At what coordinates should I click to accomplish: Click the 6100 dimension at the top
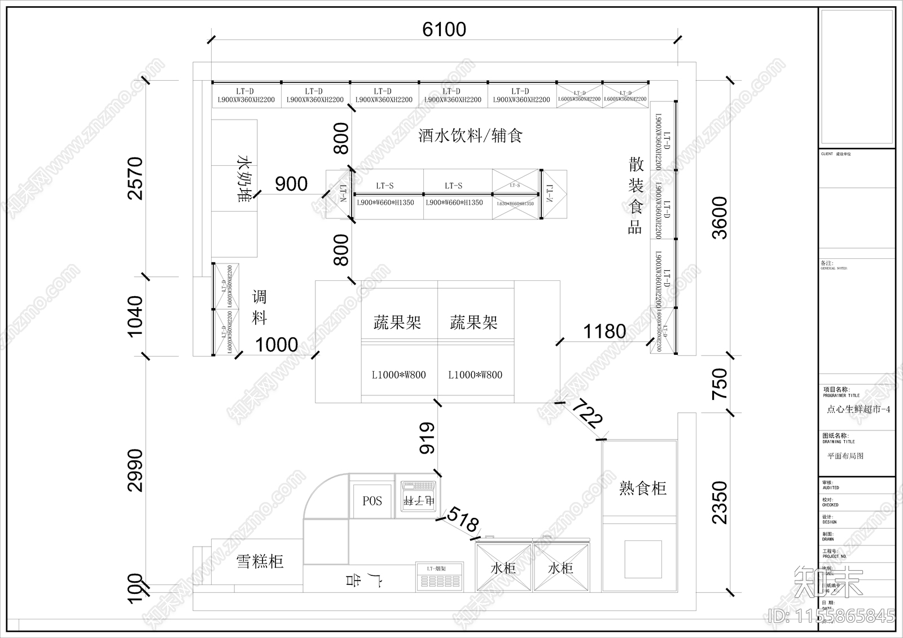click(444, 29)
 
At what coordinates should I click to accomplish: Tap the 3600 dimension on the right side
click(720, 218)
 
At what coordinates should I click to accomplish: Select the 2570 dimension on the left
click(136, 178)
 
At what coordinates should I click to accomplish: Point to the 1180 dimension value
click(604, 331)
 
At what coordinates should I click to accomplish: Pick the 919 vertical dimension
click(427, 438)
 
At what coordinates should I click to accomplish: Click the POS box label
click(372, 501)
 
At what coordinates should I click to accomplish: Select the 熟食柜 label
click(642, 488)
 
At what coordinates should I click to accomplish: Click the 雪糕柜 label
click(259, 561)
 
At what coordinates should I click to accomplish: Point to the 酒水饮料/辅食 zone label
click(470, 135)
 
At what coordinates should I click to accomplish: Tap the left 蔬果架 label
click(397, 323)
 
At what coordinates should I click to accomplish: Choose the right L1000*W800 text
click(475, 375)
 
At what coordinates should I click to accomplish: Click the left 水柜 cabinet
click(503, 568)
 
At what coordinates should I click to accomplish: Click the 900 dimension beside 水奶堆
click(291, 184)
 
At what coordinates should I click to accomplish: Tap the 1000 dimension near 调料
click(277, 345)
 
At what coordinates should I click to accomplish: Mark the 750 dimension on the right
click(720, 384)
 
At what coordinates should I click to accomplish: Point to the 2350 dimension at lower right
click(720, 502)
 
